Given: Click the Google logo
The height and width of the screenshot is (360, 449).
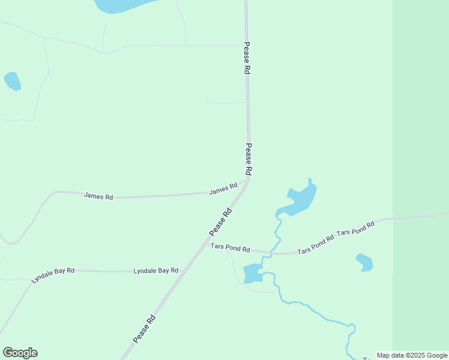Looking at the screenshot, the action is coord(20,353).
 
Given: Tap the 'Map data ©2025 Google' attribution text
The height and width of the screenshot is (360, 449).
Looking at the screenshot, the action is coord(412,355).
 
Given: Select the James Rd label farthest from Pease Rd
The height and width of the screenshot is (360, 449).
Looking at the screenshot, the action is coord(98,196).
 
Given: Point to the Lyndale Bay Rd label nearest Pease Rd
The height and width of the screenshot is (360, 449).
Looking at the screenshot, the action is coord(156,271).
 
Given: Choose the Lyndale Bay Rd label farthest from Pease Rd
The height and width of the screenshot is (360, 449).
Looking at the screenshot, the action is coord(53,275).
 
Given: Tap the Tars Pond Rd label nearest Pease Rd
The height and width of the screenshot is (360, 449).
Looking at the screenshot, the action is coord(230,247).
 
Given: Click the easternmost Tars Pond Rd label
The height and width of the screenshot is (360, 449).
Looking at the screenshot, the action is coord(355,228).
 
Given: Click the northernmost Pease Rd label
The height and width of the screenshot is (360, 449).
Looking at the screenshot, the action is coord(247,58).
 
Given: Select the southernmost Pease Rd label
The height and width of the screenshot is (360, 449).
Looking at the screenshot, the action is coord(145,329).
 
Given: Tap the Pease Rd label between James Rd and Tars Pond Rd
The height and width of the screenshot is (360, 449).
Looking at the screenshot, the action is coord(220,222).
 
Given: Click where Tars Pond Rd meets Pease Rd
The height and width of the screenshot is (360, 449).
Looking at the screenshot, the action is coord(206,243).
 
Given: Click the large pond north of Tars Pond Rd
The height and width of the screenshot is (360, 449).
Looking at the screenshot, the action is coord(300,199).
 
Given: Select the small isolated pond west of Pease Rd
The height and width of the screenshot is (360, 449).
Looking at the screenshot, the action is coord(13,81).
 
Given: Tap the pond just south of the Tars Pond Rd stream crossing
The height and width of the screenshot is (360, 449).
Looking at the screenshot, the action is coord(252,274).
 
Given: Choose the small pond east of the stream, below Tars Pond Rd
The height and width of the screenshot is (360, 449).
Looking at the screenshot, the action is coord(364,262).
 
